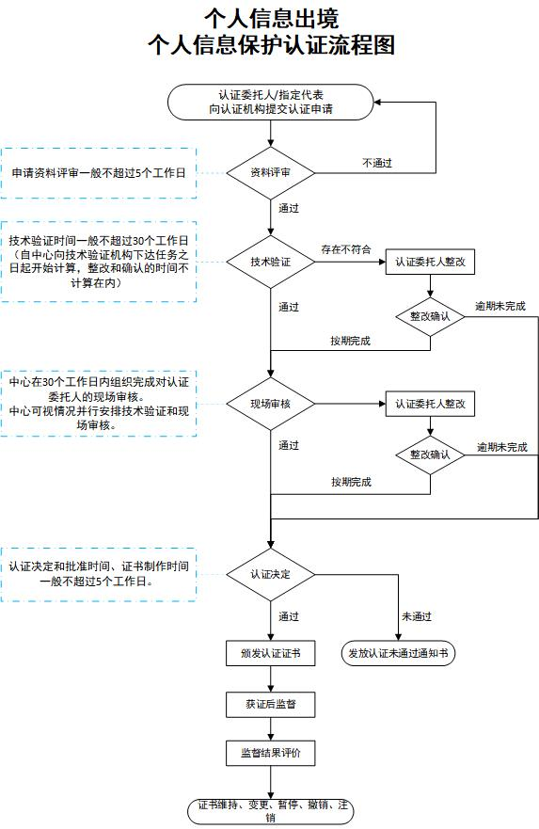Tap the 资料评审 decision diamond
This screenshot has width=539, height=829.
[x=270, y=173]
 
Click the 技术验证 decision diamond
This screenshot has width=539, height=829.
[x=270, y=262]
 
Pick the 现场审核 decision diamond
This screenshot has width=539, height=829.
[x=270, y=404]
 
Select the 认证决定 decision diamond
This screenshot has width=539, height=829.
[x=270, y=573]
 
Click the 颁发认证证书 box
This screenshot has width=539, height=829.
[x=270, y=652]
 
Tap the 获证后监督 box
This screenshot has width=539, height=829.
[x=270, y=703]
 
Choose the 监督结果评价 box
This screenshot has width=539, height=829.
[x=270, y=754]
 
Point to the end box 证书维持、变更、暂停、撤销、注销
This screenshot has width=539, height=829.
[x=270, y=810]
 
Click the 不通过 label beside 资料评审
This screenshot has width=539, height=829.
[x=377, y=163]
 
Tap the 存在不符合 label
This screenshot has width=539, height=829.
[x=345, y=249]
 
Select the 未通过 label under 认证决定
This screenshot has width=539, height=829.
[x=417, y=616]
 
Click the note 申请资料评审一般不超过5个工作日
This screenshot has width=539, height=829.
[x=98, y=173]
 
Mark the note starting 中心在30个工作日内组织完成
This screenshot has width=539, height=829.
[x=98, y=405]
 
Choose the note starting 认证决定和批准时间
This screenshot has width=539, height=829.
[x=98, y=574]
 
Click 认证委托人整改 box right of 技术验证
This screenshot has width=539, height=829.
[x=430, y=262]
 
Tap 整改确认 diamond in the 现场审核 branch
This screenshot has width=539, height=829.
[x=430, y=454]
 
